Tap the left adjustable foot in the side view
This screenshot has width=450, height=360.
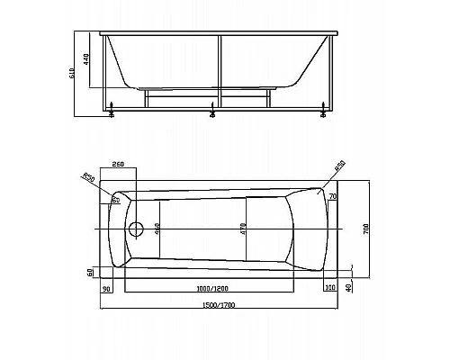pyautogui.click(x=112, y=113)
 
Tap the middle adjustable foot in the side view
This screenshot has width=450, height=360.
pyautogui.click(x=212, y=113)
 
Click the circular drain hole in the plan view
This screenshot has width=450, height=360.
pyautogui.click(x=138, y=229)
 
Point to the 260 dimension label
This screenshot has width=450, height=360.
pyautogui.click(x=117, y=164)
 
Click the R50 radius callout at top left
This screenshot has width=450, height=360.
pyautogui.click(x=88, y=176)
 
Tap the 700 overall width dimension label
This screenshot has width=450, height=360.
pyautogui.click(x=365, y=229)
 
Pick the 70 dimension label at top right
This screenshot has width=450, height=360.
pyautogui.click(x=332, y=196)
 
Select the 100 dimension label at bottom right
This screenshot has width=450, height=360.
pyautogui.click(x=329, y=287)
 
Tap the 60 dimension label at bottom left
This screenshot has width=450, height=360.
pyautogui.click(x=91, y=271)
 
